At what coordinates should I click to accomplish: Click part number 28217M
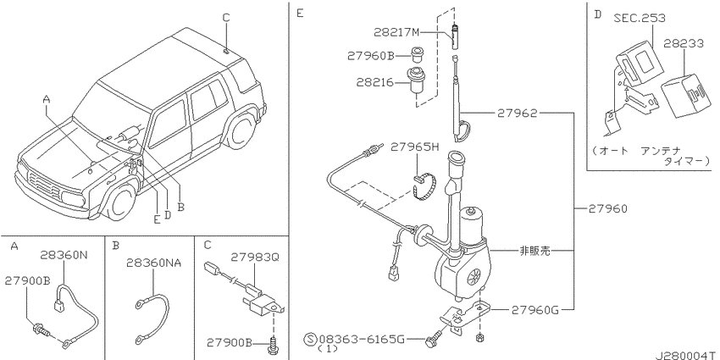point(396,32)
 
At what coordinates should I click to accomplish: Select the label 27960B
point(370,56)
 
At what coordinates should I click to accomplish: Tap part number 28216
point(374,83)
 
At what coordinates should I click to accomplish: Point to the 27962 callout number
point(517,113)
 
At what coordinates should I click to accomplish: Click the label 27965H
point(415,147)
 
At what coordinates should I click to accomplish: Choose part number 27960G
point(535,310)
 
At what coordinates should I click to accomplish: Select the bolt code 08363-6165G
point(362,340)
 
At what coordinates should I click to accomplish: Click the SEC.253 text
point(640,18)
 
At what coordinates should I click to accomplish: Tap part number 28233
point(683,43)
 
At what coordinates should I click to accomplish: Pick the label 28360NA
point(154,263)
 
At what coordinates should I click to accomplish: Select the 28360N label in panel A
point(64,254)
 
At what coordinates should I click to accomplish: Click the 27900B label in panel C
point(230,343)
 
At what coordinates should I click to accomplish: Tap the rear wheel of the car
point(241,130)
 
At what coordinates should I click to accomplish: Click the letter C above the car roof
point(226,18)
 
